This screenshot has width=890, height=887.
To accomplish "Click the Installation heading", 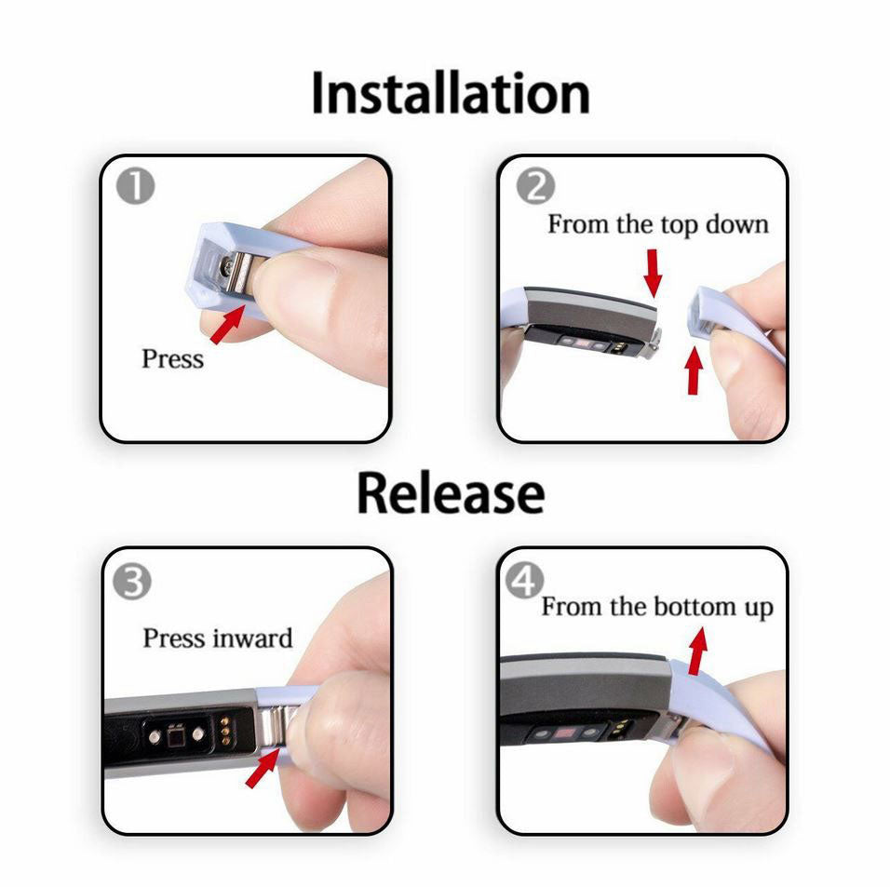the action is click(451, 93).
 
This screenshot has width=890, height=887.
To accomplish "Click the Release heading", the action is click(451, 492).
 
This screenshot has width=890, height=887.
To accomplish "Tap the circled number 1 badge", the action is click(136, 187).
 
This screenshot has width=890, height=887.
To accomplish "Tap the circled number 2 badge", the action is click(535, 187).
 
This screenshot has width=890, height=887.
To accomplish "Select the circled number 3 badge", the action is click(132, 581).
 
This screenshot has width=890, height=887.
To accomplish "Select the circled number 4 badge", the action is click(524, 581).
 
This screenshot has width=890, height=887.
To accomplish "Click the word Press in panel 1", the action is click(172, 358).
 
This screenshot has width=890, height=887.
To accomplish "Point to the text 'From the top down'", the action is click(658, 224).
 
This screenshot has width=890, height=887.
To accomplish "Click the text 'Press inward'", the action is click(218, 638).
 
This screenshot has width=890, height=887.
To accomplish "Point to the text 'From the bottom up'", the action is click(657, 607).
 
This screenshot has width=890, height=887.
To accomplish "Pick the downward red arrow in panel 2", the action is click(654, 273).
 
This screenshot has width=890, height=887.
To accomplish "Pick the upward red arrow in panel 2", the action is click(693, 370).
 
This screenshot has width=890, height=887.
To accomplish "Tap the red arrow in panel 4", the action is click(698, 651).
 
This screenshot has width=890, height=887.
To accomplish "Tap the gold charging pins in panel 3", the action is click(226, 732).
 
